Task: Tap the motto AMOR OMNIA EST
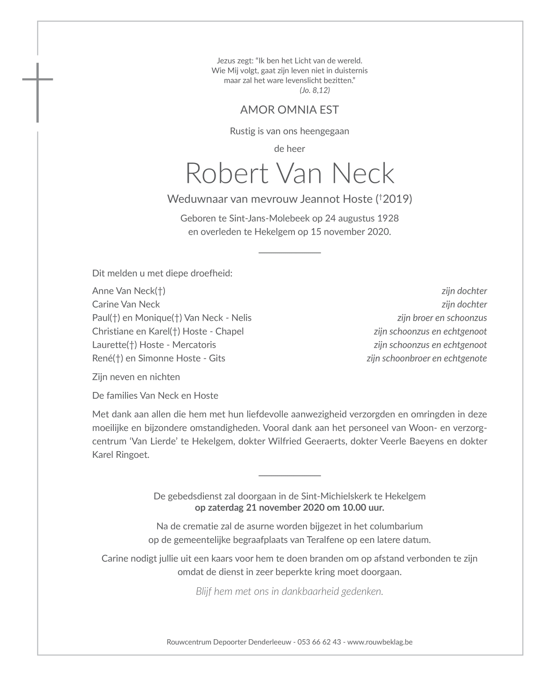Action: pyautogui.click(x=289, y=110)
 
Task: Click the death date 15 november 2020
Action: pyautogui.click(x=350, y=232)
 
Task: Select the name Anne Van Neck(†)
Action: pyautogui.click(x=129, y=291)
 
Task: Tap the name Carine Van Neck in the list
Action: pyautogui.click(x=126, y=304)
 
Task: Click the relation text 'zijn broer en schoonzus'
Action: pyautogui.click(x=442, y=318)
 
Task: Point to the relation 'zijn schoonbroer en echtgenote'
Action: pyautogui.click(x=427, y=358)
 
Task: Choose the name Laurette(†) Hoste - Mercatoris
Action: pyautogui.click(x=154, y=344)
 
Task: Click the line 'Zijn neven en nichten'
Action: pyautogui.click(x=136, y=377)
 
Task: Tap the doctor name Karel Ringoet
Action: pyautogui.click(x=121, y=455)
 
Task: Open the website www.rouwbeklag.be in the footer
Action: pyautogui.click(x=380, y=642)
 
